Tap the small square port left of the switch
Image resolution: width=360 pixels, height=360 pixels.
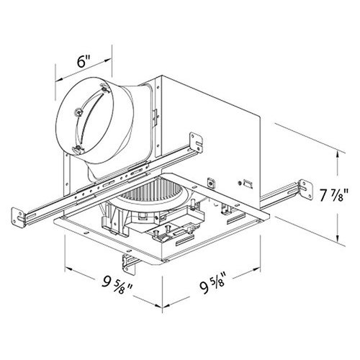click(210, 183)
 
